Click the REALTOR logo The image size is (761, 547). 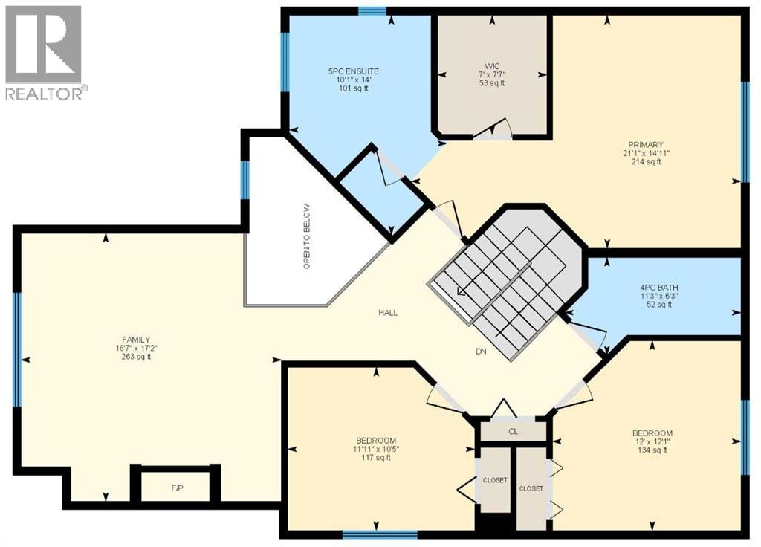point(47,53)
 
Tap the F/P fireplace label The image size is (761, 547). point(177,488)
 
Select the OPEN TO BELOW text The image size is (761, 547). point(306,236)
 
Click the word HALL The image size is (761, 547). point(388,313)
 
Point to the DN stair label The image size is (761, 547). point(481,352)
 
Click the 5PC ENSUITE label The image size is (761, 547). point(353,71)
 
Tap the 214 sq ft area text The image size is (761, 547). point(645,161)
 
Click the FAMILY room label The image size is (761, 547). point(136,340)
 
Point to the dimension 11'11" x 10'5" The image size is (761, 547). point(377,449)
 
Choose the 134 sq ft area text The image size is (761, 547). point(652,450)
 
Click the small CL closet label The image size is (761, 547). point(514,431)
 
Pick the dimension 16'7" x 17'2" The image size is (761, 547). point(136,348)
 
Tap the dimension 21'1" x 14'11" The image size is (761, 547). point(645,153)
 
